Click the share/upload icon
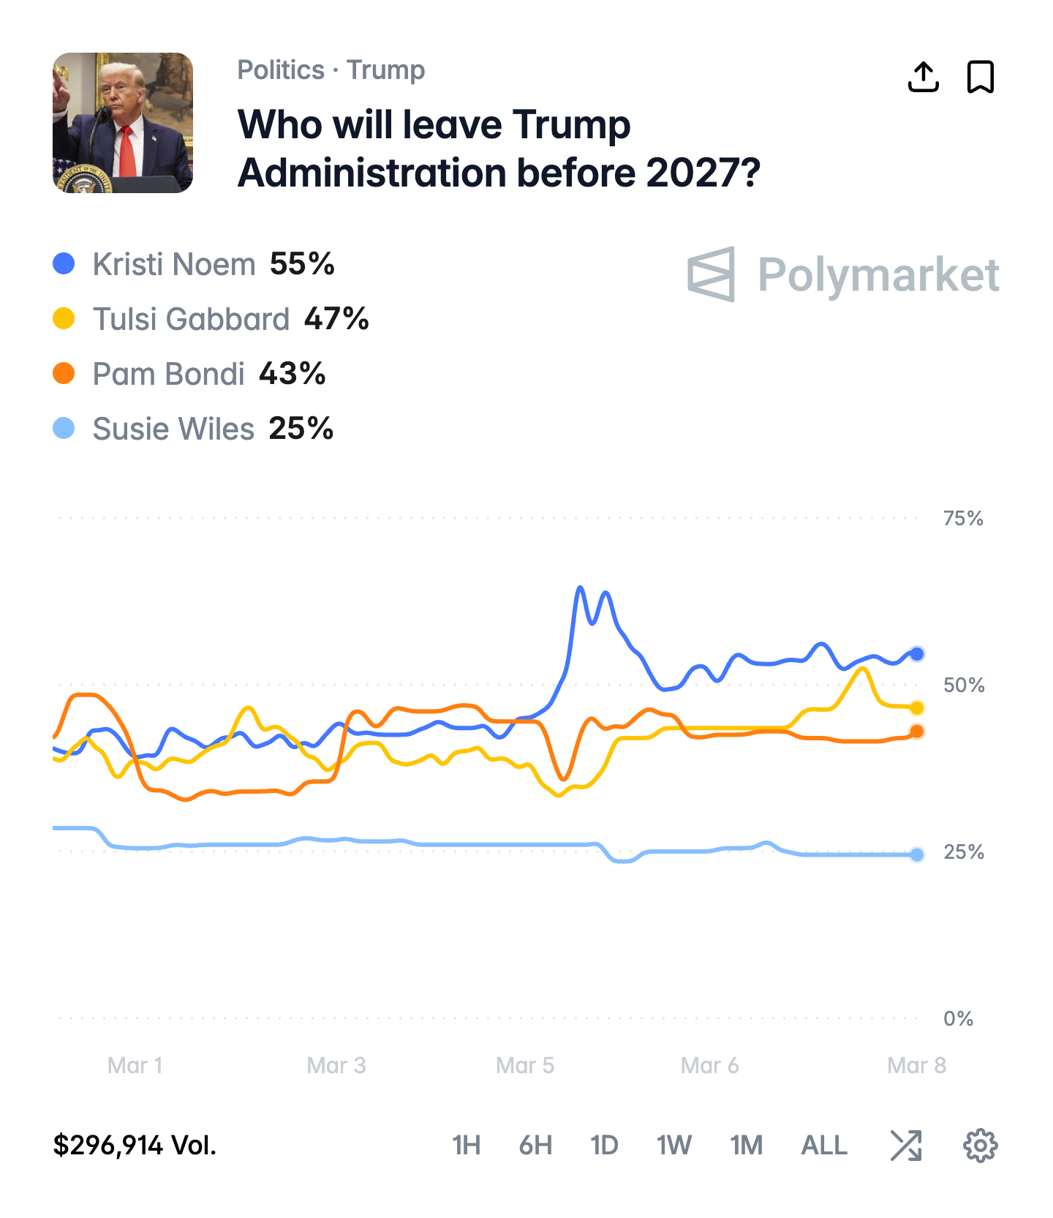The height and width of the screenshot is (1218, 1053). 923,77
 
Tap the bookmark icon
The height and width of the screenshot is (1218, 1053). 981,77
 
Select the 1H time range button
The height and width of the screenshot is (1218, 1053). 466,1145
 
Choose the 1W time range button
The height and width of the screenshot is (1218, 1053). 673,1145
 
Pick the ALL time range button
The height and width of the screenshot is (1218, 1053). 824,1145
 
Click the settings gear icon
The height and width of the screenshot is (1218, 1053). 980,1145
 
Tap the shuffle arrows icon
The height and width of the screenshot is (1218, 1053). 906,1145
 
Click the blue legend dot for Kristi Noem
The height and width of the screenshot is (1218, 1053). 64,263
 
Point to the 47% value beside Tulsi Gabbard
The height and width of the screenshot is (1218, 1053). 336,319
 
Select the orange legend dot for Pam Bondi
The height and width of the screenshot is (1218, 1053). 64,373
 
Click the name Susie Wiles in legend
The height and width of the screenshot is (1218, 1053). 173,429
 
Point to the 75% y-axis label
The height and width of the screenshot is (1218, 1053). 963,519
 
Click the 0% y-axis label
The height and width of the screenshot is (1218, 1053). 958,1018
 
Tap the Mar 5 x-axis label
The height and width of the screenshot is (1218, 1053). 525,1065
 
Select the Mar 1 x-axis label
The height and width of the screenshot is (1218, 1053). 135,1065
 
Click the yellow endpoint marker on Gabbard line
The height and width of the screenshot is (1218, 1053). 917,707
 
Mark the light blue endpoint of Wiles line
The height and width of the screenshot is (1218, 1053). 917,854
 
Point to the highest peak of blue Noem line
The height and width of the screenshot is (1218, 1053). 580,587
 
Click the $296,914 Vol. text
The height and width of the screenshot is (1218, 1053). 135,1145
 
